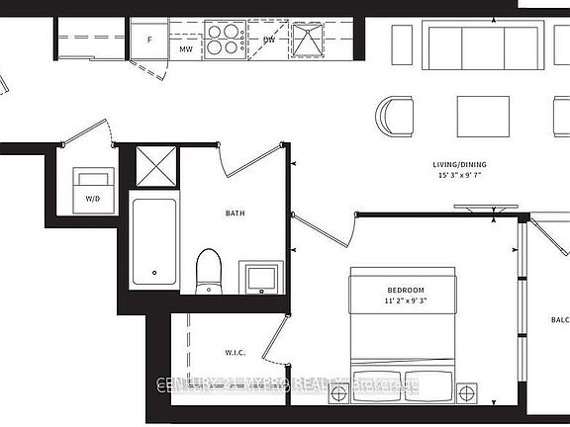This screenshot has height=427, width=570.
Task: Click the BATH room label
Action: click(236, 213)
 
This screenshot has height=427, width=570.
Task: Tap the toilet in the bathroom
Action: click(209, 271)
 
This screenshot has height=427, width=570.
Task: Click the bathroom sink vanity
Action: click(261, 278)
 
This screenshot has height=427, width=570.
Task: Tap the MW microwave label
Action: click(185, 48)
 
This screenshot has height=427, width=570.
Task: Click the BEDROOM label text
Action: click(405, 290)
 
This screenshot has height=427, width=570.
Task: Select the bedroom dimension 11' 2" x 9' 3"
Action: click(405, 302)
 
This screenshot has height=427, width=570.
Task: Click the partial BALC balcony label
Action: click(559, 319)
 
